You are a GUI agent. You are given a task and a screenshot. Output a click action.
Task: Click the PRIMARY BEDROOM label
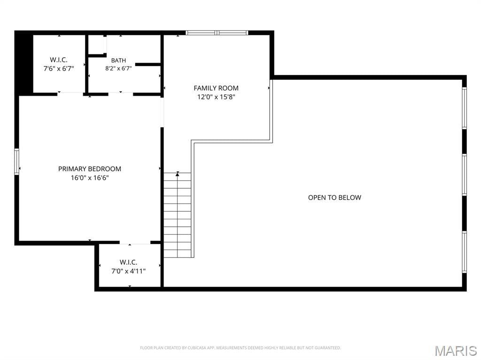90,169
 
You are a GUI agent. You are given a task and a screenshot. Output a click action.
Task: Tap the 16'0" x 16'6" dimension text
90,178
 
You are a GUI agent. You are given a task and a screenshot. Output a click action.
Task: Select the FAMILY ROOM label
216,88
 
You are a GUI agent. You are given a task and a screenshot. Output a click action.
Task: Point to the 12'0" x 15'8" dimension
216,97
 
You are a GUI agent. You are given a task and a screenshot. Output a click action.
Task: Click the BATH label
118,61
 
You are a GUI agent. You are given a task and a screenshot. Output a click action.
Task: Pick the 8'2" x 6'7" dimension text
118,69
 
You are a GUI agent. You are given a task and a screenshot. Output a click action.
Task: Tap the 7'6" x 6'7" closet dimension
59,69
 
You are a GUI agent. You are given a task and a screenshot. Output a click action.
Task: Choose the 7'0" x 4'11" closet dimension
128,271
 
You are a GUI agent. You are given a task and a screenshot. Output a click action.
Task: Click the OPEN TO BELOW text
334,198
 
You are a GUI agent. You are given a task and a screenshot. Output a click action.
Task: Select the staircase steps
177,215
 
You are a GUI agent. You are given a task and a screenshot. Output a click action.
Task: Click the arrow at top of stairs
177,174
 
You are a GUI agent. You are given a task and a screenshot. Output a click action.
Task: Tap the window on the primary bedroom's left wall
16,161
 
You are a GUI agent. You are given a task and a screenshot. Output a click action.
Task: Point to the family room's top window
217,33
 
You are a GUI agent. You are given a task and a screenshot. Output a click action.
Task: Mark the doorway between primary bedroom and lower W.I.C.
135,243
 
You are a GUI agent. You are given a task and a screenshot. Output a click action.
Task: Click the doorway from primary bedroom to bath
121,93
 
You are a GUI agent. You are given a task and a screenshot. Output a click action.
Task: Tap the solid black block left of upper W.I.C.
24,63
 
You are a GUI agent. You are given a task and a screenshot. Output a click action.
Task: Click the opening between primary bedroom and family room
162,112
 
